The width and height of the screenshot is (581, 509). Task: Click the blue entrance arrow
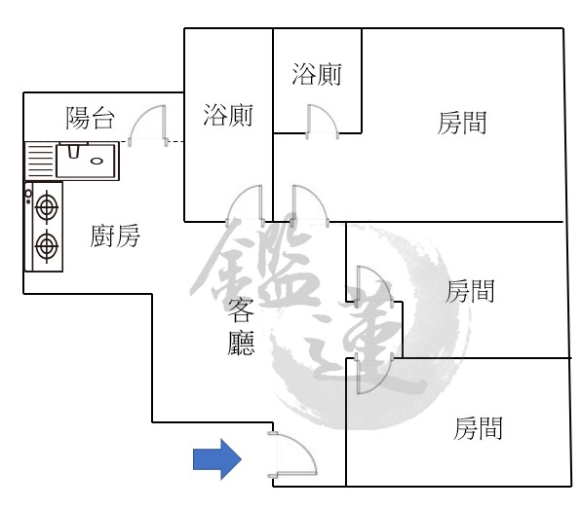(x=217, y=459)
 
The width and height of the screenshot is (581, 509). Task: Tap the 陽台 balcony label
(x=90, y=119)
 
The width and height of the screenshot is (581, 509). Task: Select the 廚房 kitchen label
(x=115, y=236)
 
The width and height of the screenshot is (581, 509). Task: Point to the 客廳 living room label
(x=241, y=327)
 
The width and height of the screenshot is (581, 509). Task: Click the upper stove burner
(x=47, y=207)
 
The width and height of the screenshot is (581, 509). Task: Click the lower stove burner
(x=47, y=246)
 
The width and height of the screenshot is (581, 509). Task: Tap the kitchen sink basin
(x=88, y=161)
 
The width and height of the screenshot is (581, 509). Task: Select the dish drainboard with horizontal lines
(x=40, y=161)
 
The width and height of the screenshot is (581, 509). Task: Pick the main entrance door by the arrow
(x=292, y=454)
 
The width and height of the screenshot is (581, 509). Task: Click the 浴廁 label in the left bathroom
(x=228, y=115)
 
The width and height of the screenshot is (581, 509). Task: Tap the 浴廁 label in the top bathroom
(x=317, y=74)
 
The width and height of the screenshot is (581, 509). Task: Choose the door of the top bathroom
(x=322, y=122)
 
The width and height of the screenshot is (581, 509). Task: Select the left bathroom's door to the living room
(x=246, y=205)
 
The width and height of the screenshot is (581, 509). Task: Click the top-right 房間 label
(x=462, y=123)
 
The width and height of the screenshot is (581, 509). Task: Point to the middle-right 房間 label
(x=470, y=291)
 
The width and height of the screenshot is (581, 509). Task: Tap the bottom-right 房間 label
(x=478, y=428)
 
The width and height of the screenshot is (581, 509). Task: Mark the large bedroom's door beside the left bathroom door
(x=310, y=205)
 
